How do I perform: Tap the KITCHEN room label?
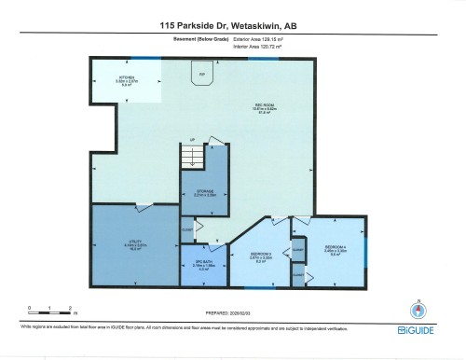[x=128, y=80]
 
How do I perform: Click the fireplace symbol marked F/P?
[x=200, y=76]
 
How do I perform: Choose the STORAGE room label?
[x=203, y=195]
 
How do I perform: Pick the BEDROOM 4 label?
[x=335, y=249]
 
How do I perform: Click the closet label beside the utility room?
[x=186, y=228]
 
